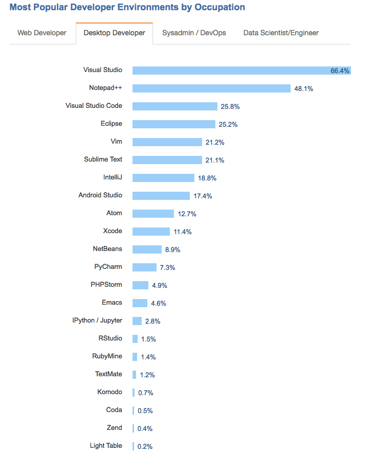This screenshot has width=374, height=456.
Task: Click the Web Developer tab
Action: pos(42,33)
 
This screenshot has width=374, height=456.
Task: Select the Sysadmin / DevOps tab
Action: pos(194,33)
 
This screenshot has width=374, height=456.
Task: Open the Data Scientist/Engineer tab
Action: pos(281,33)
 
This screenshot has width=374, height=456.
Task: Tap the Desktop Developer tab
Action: pos(114,33)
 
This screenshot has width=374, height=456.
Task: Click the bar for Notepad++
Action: pos(211,88)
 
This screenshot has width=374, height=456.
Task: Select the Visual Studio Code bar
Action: pos(175,106)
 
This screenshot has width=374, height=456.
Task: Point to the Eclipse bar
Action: pos(174,124)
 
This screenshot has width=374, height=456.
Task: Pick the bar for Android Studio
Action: pos(161,196)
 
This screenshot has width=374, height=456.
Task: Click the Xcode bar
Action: pos(151,232)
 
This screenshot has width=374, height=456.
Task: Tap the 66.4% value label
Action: pos(340,71)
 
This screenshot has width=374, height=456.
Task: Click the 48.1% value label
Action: pos(303,89)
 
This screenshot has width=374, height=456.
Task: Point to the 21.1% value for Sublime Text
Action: pos(215,161)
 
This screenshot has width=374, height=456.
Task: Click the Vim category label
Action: pos(116,142)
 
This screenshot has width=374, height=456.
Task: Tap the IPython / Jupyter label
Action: pos(97,321)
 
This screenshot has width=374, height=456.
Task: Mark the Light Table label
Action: pos(106,446)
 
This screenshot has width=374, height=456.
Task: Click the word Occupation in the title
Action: pos(214,7)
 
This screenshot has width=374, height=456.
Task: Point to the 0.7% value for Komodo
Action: pos(146,393)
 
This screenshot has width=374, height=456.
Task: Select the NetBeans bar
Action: pos(147,249)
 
